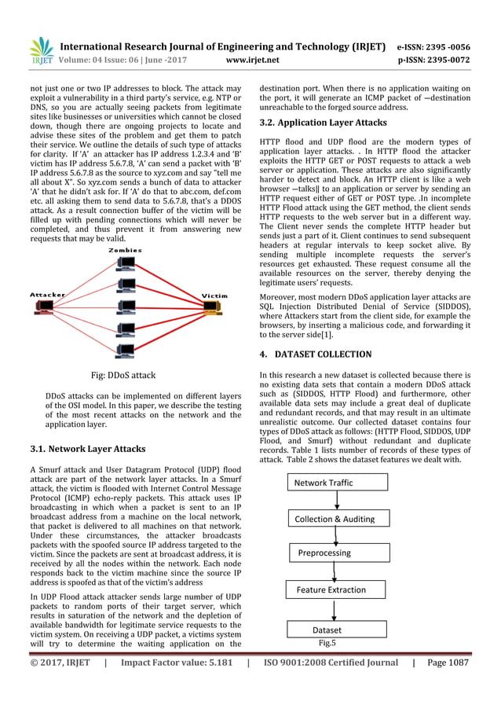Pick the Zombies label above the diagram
[x=126, y=251]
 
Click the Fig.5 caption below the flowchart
[x=327, y=642]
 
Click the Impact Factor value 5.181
[x=170, y=685]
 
